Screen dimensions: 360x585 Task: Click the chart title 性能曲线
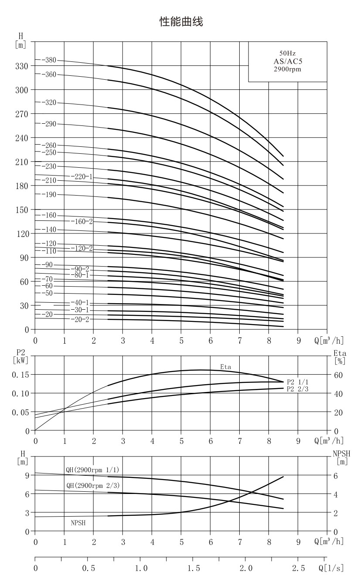click(x=181, y=22)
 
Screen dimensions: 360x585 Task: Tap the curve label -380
click(x=49, y=60)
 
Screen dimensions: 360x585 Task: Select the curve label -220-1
click(x=82, y=177)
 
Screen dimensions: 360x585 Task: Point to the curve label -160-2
click(x=82, y=221)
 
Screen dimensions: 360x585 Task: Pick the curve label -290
click(x=49, y=124)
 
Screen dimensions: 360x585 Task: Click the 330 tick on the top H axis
click(x=21, y=66)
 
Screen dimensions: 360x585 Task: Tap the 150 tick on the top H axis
click(x=21, y=210)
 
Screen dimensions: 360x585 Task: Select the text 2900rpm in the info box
click(x=287, y=69)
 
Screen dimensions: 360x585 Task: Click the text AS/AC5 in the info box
click(x=288, y=61)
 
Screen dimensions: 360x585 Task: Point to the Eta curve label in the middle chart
click(x=226, y=367)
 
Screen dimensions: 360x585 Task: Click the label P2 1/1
click(x=298, y=382)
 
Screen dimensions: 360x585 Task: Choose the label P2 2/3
click(x=298, y=389)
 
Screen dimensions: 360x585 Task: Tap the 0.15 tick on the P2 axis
click(x=20, y=375)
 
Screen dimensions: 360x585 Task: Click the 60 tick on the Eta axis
click(x=338, y=375)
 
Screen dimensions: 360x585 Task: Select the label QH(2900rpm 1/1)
click(x=92, y=470)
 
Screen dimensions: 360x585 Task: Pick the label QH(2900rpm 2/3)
click(x=93, y=486)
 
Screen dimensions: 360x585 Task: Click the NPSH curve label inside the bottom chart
click(x=78, y=523)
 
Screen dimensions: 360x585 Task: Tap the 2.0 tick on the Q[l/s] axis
click(x=246, y=568)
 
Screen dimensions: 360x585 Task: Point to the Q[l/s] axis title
click(x=331, y=568)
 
